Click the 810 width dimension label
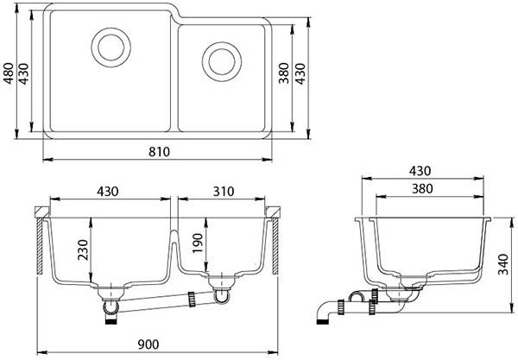pos(159,152)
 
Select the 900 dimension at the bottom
pos(148,344)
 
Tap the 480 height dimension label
pos(9,73)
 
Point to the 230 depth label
pos(83,249)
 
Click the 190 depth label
pos(197,243)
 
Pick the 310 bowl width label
pos(224,192)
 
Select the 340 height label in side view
pos(503,264)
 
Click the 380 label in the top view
pos(284,73)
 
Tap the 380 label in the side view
pos(422,189)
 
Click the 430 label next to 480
pos(23,73)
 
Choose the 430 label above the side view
pos(420,171)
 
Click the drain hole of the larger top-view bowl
pos(111,47)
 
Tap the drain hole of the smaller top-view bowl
pos(222,61)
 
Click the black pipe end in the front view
pos(111,319)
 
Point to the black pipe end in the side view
pos(322,321)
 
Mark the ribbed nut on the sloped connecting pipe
pos(192,300)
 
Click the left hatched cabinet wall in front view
pos(40,246)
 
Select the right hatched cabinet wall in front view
pos(275,246)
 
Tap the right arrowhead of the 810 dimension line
pos(267,160)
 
